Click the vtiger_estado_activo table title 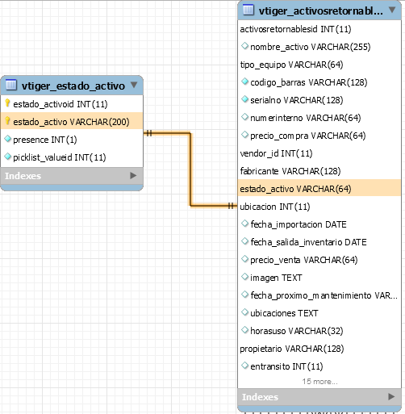(73, 86)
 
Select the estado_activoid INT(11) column (61, 104)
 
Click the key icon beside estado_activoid (7, 103)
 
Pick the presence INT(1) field (45, 140)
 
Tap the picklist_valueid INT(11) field (60, 157)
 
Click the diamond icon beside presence (8, 139)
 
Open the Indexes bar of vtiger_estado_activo (72, 176)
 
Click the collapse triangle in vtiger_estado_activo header (134, 85)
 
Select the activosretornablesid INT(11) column (295, 29)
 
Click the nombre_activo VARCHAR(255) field (311, 47)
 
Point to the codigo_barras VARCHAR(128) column (309, 82)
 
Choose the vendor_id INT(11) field (276, 153)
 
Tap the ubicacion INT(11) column (275, 207)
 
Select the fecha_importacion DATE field (299, 224)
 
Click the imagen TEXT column (276, 278)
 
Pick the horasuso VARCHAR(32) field (297, 331)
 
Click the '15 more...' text (319, 382)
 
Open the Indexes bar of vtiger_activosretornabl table (319, 397)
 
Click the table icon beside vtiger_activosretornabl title (248, 10)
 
